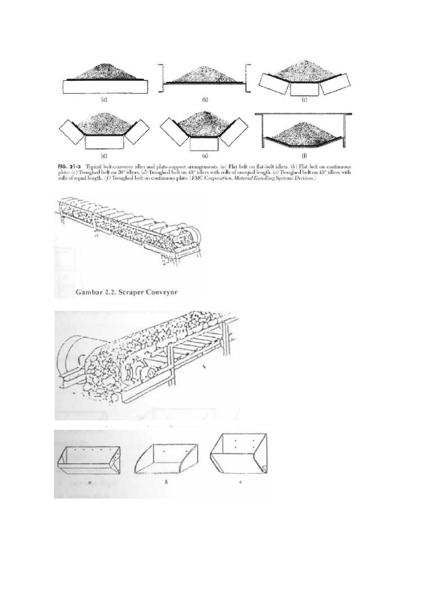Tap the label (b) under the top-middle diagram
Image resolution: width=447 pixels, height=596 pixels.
pyautogui.click(x=205, y=100)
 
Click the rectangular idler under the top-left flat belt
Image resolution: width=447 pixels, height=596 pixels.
pyautogui.click(x=104, y=87)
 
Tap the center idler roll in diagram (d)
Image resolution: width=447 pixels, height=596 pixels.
pyautogui.click(x=104, y=141)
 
